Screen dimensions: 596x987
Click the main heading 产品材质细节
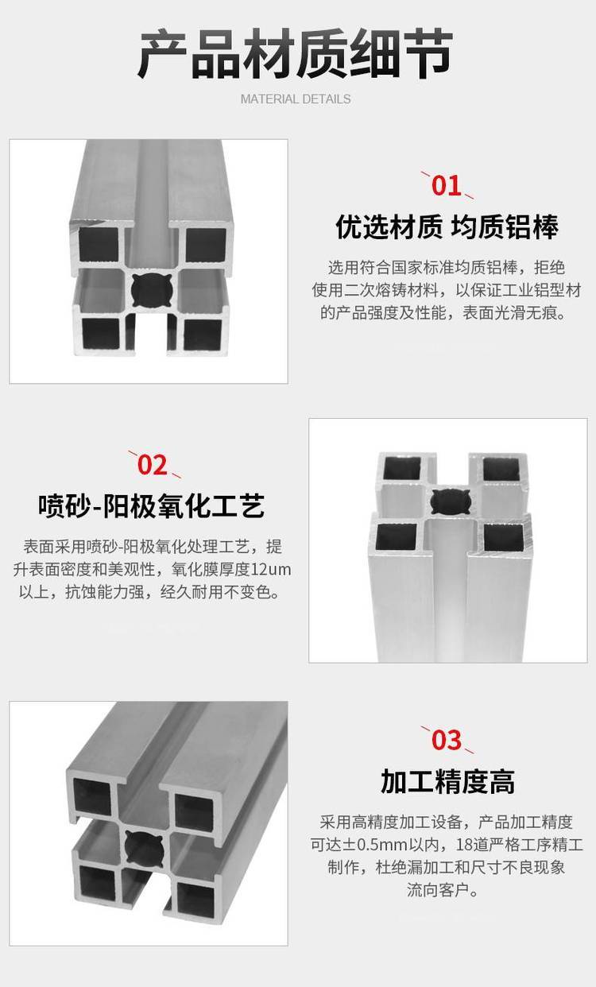tap(296, 54)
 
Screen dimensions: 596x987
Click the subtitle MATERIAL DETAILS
tap(296, 99)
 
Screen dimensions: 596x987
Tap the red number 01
tap(447, 185)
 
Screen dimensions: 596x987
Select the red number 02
tap(153, 465)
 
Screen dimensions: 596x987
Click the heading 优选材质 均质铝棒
tap(447, 227)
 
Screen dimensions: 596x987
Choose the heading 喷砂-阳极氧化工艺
tap(152, 506)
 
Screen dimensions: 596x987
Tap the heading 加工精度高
tap(447, 782)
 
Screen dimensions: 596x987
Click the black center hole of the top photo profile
tap(151, 290)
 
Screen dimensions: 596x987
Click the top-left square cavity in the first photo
tap(99, 244)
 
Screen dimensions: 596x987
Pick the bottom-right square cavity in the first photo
tap(203, 335)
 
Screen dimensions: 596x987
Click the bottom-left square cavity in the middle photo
tap(396, 536)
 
